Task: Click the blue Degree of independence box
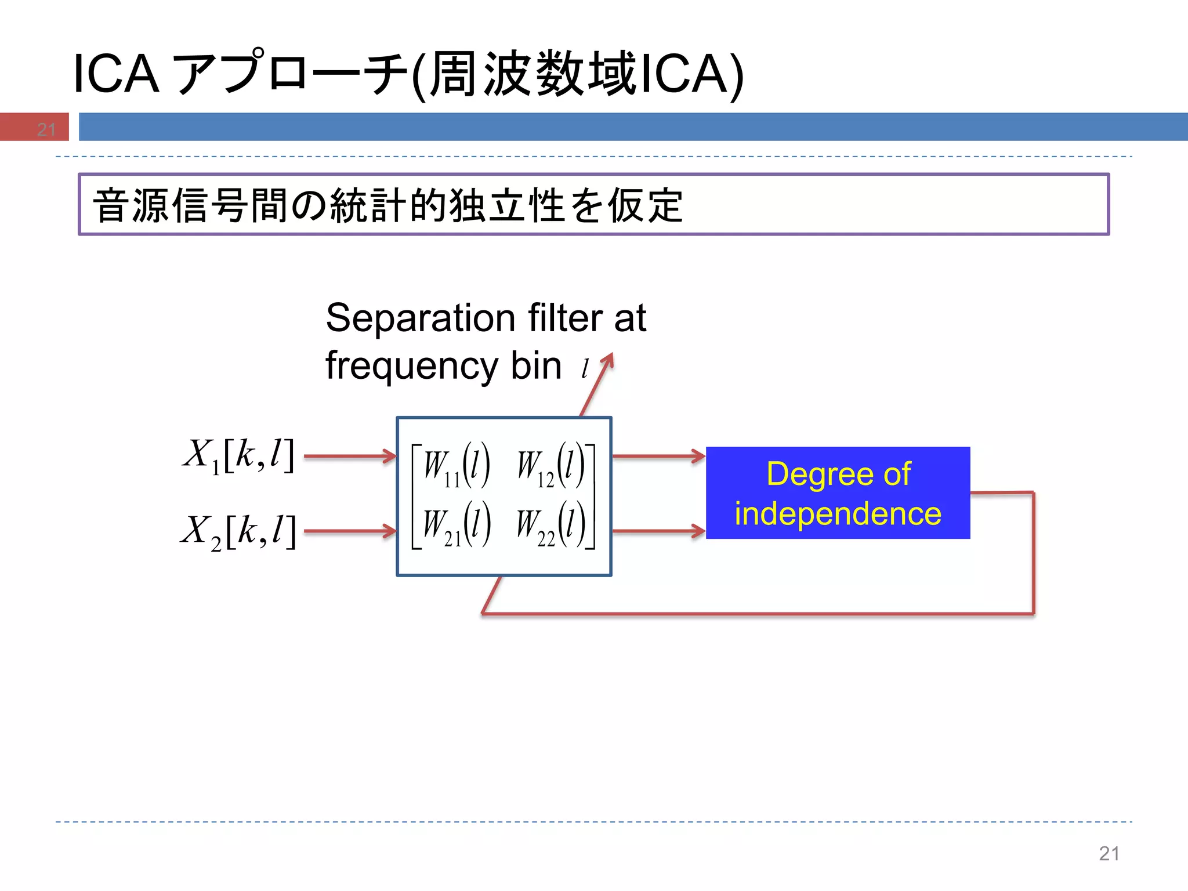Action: [838, 492]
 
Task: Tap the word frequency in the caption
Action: [412, 367]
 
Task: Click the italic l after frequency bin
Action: [585, 368]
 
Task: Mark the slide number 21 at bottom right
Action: [1109, 853]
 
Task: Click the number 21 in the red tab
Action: [46, 129]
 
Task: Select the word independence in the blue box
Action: [838, 514]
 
